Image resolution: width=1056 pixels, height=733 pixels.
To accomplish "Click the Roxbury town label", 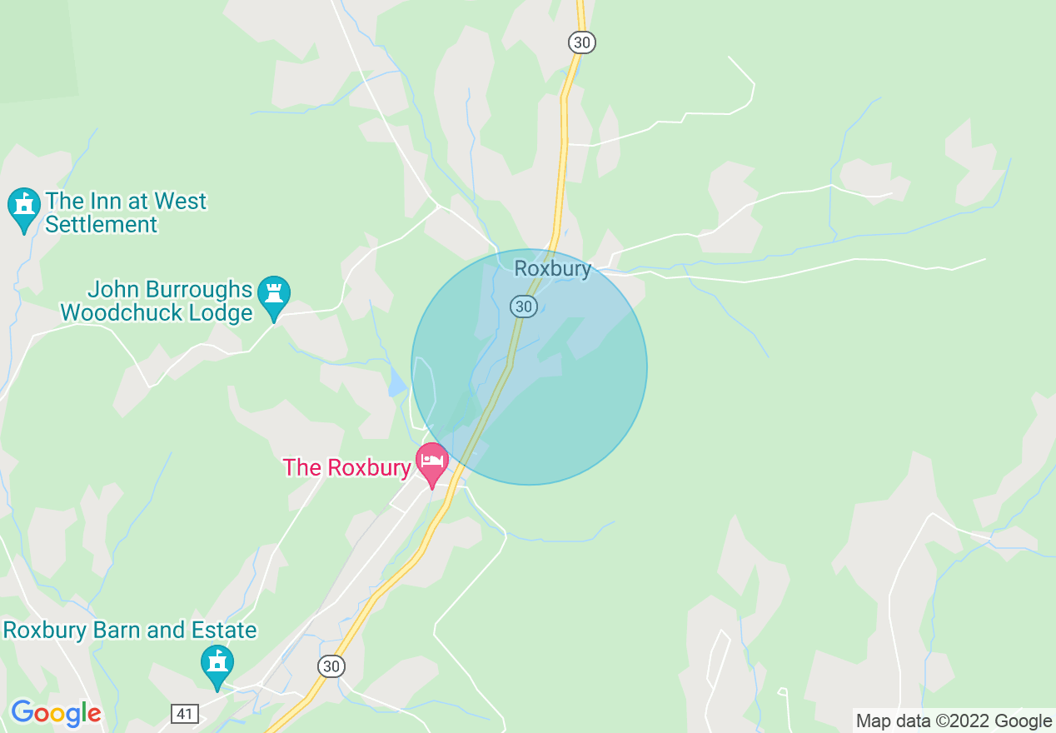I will pos(552,269).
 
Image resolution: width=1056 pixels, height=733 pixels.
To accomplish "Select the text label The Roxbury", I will pos(346,467).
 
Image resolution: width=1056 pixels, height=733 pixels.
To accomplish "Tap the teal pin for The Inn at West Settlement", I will pos(23,209).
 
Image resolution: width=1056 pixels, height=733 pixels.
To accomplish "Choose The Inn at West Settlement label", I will pos(125,212).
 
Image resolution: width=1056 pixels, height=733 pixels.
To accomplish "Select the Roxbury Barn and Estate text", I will pos(130,630).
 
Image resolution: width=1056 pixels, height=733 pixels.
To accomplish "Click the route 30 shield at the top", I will pos(582,42).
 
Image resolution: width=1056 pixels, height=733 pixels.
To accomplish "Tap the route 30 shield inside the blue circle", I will pos(523,307).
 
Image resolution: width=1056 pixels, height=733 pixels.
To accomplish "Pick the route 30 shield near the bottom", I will pos(331,666).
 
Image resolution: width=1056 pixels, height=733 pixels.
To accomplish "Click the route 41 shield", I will pos(185,713).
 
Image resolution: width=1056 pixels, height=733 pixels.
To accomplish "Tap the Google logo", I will pos(55,714).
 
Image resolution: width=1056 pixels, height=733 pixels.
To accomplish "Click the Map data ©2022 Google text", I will pos(954,721).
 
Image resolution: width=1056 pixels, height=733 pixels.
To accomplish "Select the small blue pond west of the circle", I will pos(396,381).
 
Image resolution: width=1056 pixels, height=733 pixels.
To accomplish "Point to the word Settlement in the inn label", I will pos(101,224).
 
